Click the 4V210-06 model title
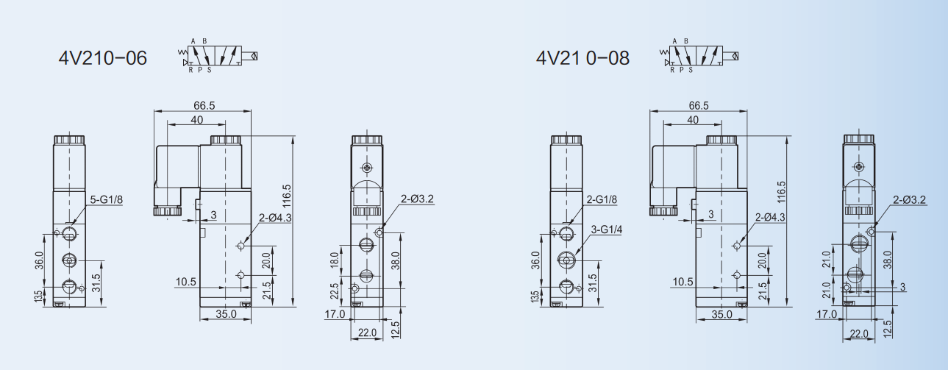point(103,58)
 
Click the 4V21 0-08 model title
point(582,58)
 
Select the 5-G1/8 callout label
point(106,199)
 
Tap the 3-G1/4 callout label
point(607,230)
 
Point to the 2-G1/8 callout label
point(602,199)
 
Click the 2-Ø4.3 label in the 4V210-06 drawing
point(275,218)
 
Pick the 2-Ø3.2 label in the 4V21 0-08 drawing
point(910,200)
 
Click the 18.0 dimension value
point(335,260)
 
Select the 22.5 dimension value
point(335,291)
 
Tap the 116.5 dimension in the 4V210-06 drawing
point(287,196)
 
